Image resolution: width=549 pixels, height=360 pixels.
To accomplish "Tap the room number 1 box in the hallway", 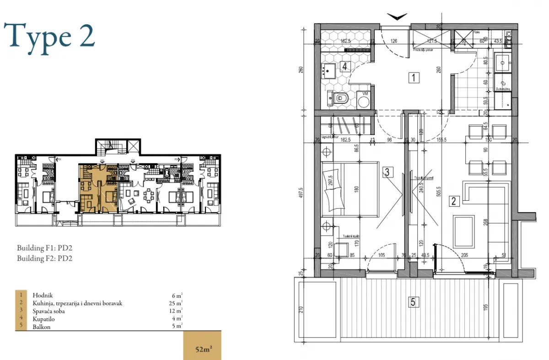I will (414, 78).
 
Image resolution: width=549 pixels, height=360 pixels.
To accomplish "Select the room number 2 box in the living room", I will (454, 200).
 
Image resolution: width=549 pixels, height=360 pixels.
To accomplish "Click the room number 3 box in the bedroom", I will (388, 172).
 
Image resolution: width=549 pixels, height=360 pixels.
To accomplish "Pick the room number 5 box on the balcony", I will (413, 302).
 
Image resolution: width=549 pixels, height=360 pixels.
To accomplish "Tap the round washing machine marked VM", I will (364, 101).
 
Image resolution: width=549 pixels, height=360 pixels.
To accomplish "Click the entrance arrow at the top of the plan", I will (397, 17).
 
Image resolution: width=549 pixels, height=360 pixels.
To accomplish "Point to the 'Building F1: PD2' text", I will (45, 248).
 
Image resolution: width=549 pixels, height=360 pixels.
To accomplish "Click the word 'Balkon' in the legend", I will (41, 327).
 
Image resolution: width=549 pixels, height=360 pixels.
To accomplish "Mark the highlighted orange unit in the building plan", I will (98, 188).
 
